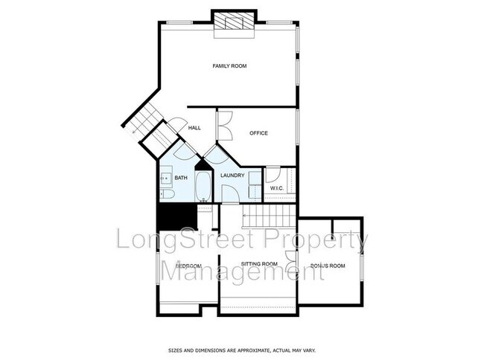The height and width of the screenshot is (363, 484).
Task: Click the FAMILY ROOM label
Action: click(229, 66)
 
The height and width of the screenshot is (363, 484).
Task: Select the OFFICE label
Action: click(258, 133)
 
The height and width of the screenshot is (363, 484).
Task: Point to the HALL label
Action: click(194, 128)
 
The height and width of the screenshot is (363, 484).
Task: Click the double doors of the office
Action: click(224, 125)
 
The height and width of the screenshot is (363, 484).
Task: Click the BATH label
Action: click(181, 178)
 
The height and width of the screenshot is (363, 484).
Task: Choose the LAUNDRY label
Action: click(232, 176)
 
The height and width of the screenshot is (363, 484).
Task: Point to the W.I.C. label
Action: click(279, 188)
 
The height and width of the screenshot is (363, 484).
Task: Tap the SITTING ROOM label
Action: click(259, 264)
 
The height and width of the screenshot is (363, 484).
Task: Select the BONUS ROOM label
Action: click(328, 266)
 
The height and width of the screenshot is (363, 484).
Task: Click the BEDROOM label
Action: click(188, 266)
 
